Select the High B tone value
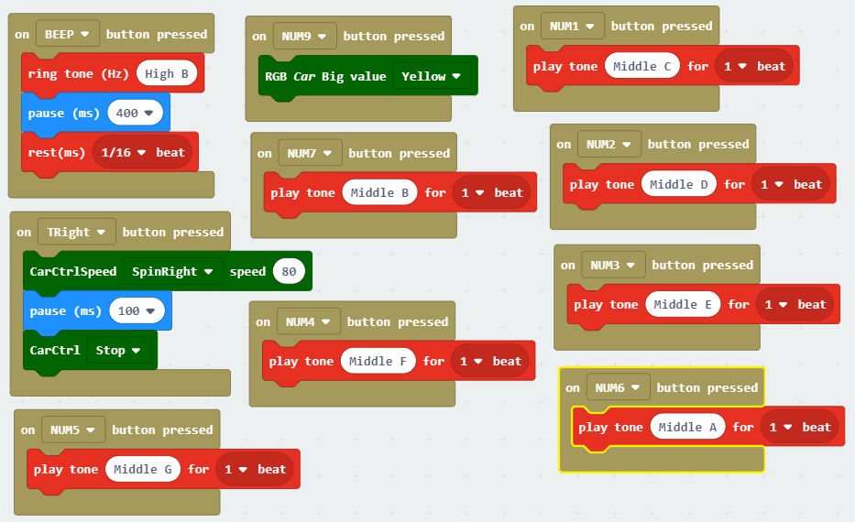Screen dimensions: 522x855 pos(167,73)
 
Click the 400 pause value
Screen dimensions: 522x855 pos(135,113)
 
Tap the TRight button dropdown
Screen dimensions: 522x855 pos(77,232)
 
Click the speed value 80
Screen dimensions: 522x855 pos(289,271)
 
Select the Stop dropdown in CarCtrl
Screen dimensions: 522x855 pos(118,350)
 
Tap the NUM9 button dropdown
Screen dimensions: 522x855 pos(304,36)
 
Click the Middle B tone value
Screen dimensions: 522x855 pos(379,192)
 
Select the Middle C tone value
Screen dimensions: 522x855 pos(641,66)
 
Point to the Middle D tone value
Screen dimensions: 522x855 pos(678,184)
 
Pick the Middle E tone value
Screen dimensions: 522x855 pos(683,304)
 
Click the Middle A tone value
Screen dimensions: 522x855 pos(687,427)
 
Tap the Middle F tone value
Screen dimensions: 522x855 pos(378,361)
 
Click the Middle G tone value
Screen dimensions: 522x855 pos(143,469)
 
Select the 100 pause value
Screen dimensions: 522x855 pos(136,310)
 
